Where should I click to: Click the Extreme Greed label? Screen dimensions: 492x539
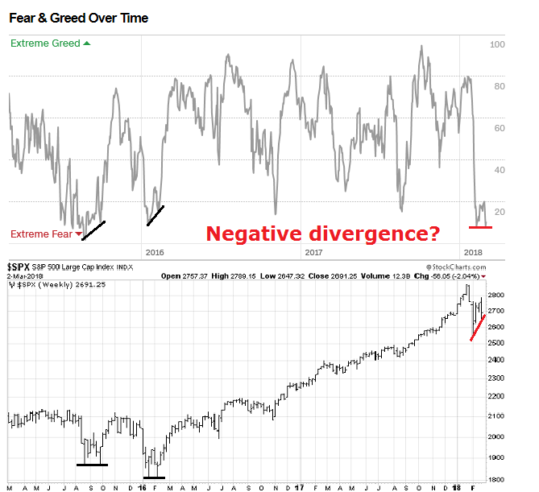46,43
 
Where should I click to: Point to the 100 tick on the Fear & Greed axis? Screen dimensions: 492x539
497,45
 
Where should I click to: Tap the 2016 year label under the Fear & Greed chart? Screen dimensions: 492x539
154,252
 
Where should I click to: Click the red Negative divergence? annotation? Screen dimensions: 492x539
322,234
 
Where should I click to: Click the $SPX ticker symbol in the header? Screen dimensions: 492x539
21,267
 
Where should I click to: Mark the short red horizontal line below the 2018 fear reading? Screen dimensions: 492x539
480,227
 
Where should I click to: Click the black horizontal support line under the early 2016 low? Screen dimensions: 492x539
154,478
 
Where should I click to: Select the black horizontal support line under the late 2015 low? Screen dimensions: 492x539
92,464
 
